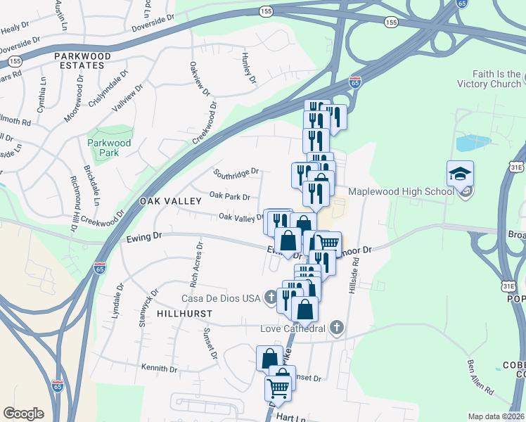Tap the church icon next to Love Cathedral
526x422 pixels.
(x=337, y=328)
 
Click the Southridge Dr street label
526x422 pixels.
(x=237, y=171)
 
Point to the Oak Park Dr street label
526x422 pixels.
(x=230, y=196)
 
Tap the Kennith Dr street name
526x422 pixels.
(x=159, y=369)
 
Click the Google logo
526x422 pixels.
(x=23, y=414)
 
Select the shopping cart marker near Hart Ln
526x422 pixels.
(x=278, y=388)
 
